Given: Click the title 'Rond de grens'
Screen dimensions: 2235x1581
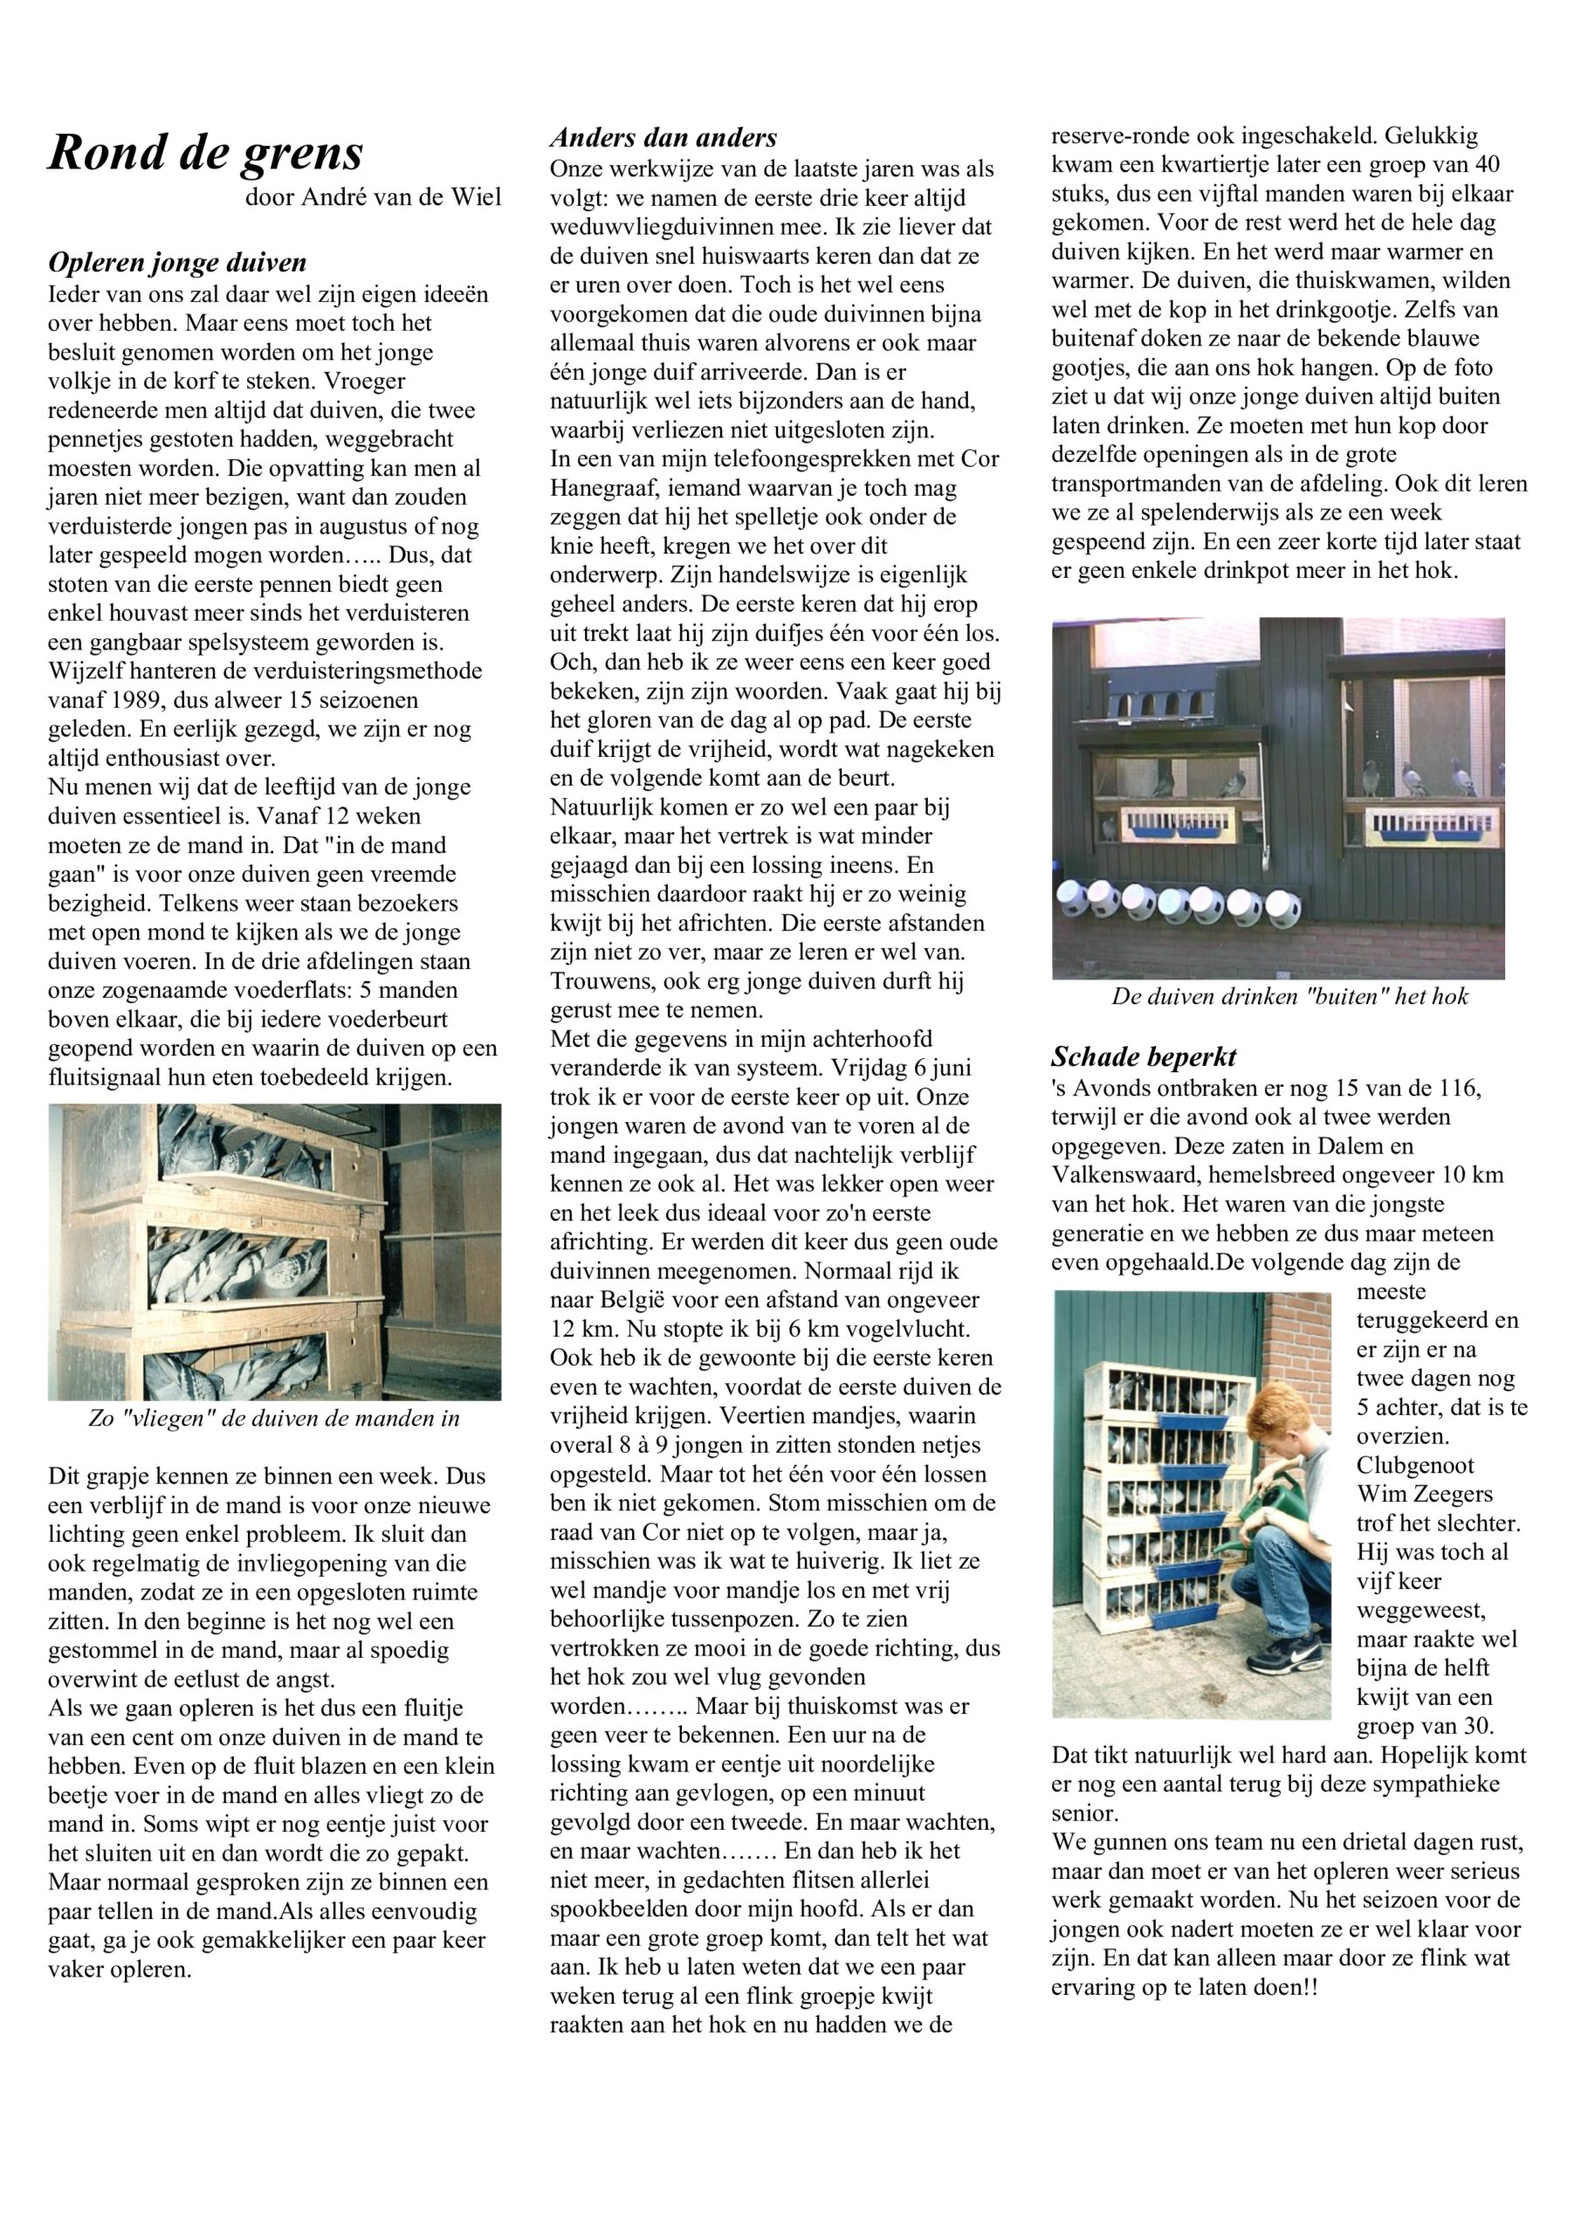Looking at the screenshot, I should point(205,152).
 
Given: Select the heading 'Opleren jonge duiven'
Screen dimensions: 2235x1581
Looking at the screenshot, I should point(177,263).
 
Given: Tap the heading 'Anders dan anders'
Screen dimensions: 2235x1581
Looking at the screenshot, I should point(663,137).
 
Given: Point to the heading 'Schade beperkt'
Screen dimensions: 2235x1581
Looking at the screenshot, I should point(1144,1057).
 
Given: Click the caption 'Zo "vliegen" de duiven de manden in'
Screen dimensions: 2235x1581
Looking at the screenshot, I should point(273,1419).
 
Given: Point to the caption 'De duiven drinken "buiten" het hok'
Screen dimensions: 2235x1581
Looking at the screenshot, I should point(1290,996).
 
